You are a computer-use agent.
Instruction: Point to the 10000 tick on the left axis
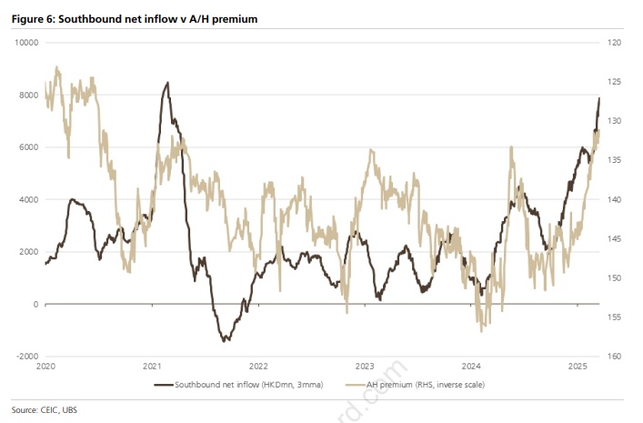click(25, 43)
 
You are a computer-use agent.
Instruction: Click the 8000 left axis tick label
click(27, 96)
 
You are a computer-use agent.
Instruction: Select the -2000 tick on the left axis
click(25, 357)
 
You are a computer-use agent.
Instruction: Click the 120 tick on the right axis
click(612, 43)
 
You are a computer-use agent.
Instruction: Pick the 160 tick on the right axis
click(612, 357)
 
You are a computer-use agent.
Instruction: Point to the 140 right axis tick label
click(612, 200)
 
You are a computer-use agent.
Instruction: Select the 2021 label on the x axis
click(152, 367)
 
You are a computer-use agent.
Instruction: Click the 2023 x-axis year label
click(365, 367)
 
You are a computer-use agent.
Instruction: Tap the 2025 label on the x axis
click(577, 367)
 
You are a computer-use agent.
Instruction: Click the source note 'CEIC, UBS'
click(44, 409)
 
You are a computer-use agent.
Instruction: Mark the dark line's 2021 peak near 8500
click(166, 83)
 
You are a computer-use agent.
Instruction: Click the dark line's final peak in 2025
click(598, 97)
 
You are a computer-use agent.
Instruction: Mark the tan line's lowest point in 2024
click(481, 330)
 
